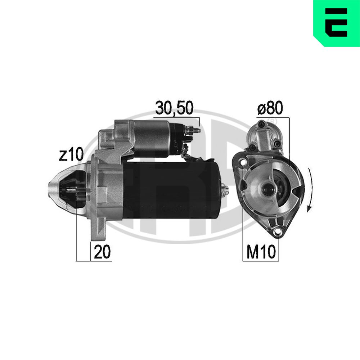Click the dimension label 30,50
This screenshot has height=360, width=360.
[x=174, y=108]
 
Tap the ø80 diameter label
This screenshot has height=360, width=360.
[x=270, y=108]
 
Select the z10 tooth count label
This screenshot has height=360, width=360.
[x=71, y=154]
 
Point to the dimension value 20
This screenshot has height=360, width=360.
[x=102, y=252]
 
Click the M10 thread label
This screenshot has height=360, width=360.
[x=261, y=252]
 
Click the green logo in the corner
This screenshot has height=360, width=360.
[x=337, y=23]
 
